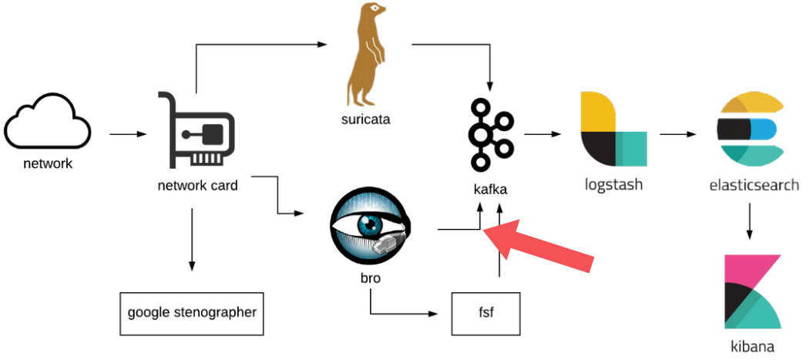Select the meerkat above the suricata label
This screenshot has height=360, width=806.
(x=368, y=56)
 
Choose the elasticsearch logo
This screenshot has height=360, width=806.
(x=750, y=130)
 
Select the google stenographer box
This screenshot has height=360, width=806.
(x=192, y=313)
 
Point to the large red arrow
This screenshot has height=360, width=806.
(x=542, y=244)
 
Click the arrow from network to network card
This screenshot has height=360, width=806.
(x=128, y=135)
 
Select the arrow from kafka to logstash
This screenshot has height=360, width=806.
(x=542, y=135)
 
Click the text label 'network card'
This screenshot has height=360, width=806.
(x=197, y=185)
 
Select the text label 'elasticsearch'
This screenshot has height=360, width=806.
(x=754, y=185)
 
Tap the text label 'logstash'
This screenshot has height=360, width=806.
(x=613, y=185)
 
